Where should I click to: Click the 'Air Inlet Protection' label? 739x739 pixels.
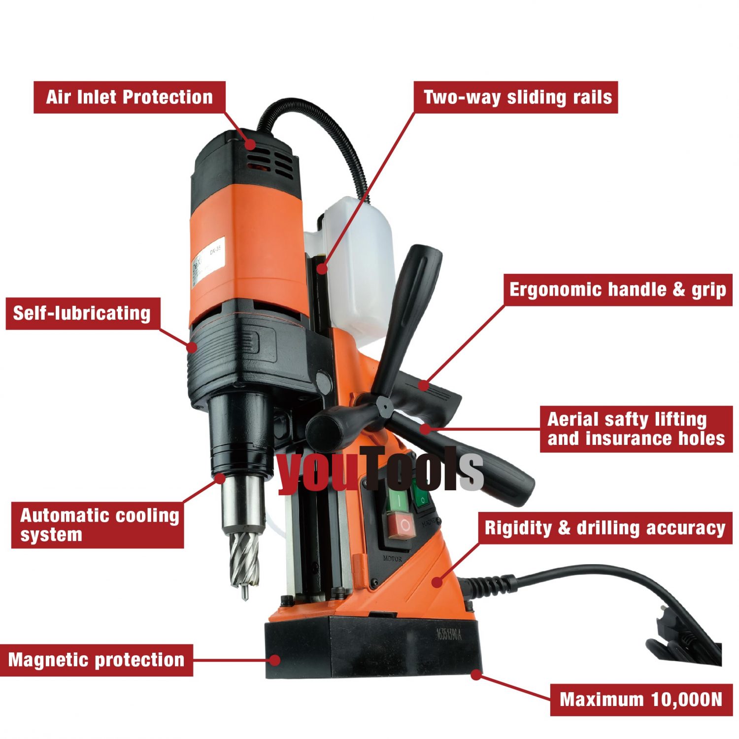(x=129, y=97)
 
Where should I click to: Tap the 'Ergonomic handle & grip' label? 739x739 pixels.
(x=617, y=290)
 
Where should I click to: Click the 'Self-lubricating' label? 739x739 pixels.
(x=82, y=313)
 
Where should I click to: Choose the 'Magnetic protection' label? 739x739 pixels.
(x=96, y=660)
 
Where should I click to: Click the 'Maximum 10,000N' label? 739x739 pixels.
(x=641, y=700)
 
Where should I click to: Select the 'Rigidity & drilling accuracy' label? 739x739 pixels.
(x=605, y=528)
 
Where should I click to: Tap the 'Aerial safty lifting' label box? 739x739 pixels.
(x=636, y=429)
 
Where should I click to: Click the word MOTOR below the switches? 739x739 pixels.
(x=392, y=559)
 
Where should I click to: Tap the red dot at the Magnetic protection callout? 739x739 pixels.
(x=275, y=660)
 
